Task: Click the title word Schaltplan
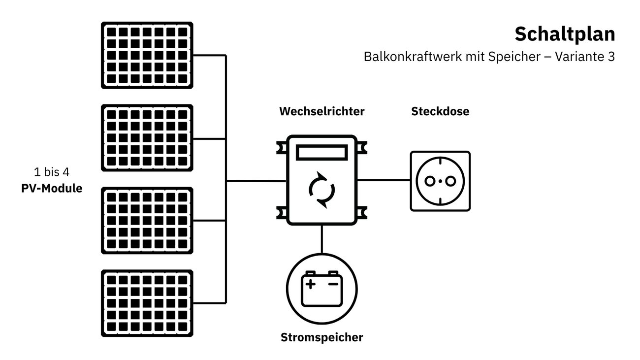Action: (565, 34)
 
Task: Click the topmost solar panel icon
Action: (147, 55)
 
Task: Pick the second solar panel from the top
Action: (147, 138)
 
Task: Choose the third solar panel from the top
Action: (147, 220)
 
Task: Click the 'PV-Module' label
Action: (52, 188)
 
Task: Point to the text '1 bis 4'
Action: (51, 173)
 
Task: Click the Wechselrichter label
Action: (321, 111)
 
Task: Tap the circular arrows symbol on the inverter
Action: (321, 189)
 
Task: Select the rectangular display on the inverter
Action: (321, 153)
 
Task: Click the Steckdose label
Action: (440, 111)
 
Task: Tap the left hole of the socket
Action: (429, 181)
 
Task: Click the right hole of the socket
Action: (449, 181)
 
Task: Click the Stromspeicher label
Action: (321, 337)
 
